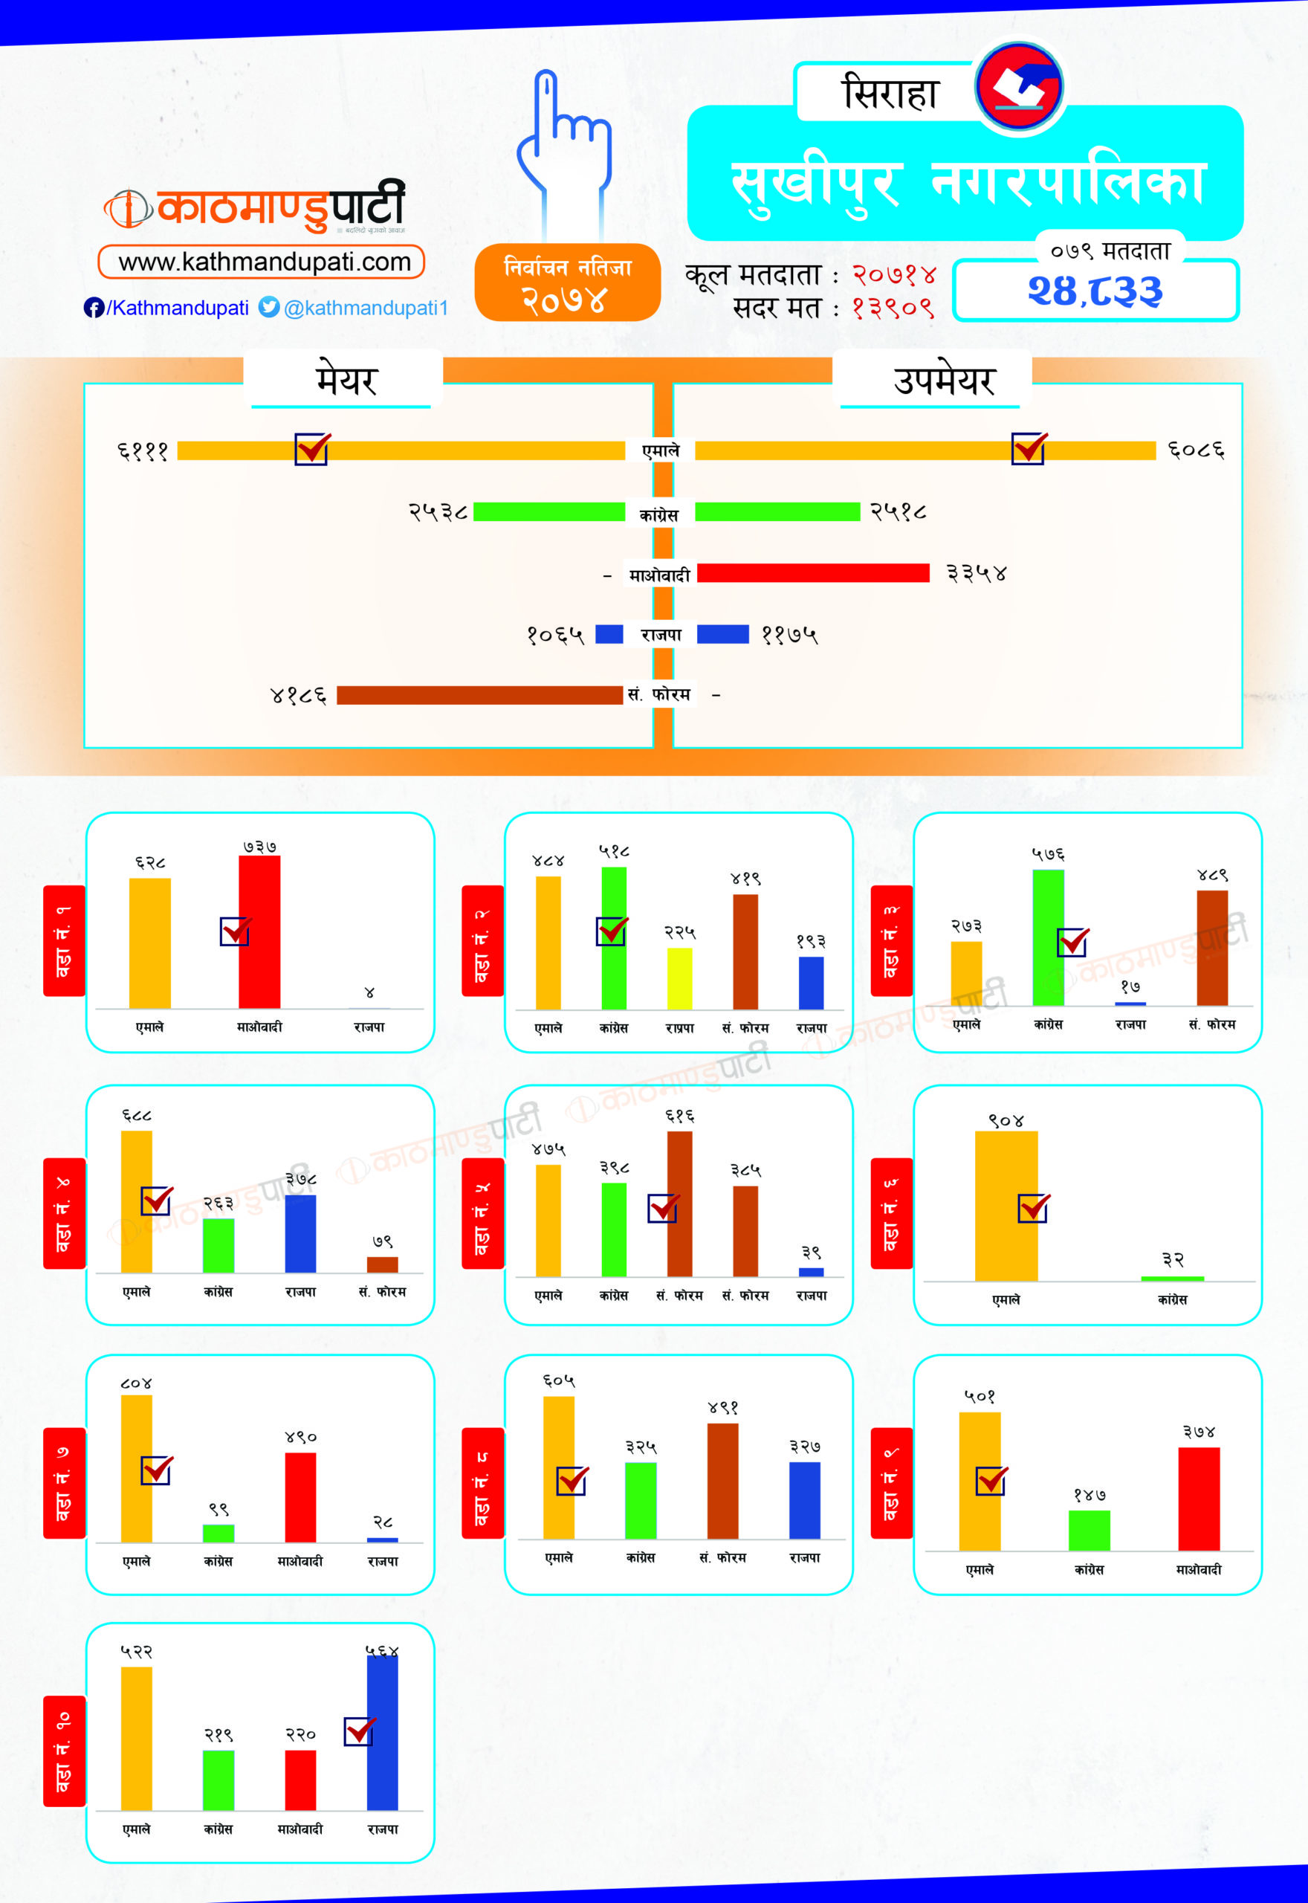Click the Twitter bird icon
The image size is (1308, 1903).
tap(268, 307)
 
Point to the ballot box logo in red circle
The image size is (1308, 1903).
tap(1019, 86)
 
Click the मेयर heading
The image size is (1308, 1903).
tap(346, 381)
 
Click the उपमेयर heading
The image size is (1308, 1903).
tap(943, 381)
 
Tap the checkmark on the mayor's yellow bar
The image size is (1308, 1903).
tap(312, 449)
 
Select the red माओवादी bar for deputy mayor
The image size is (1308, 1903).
tap(813, 573)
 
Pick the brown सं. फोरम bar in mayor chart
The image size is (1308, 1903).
tap(479, 695)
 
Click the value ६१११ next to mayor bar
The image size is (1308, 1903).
tap(143, 450)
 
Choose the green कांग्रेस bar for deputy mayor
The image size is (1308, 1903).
tap(777, 512)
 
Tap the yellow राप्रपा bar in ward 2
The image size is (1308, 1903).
tap(679, 978)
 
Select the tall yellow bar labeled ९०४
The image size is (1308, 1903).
tap(1006, 1205)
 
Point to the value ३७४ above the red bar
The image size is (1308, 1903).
tap(1199, 1432)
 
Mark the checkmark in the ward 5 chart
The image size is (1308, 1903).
tap(663, 1207)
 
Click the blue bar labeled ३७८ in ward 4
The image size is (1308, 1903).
tap(301, 1233)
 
